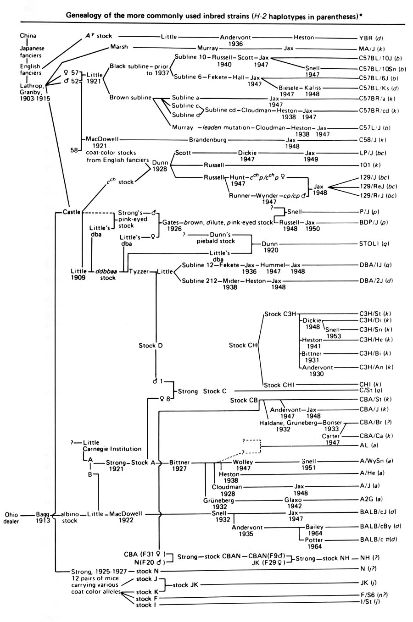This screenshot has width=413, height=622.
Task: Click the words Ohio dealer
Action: (13, 517)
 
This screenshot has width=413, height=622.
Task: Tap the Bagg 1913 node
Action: (43, 517)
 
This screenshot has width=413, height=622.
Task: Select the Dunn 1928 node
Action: (160, 165)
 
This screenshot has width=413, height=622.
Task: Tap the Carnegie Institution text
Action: (112, 449)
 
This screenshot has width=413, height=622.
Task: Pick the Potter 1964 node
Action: (313, 543)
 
